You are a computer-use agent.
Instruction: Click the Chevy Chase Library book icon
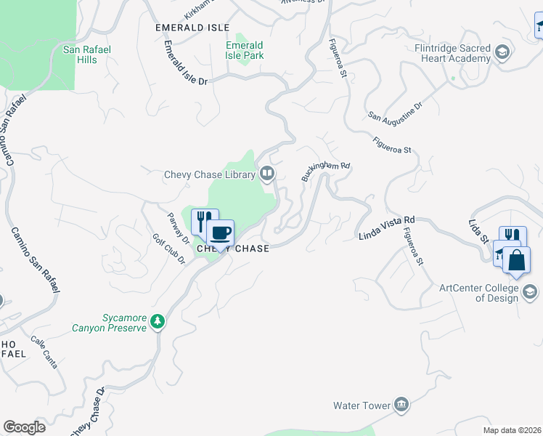[267, 174]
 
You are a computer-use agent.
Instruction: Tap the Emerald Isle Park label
[245, 50]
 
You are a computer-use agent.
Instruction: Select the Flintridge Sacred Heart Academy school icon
[502, 52]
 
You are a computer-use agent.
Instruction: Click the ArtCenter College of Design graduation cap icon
[530, 292]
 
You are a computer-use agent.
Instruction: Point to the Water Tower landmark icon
[401, 405]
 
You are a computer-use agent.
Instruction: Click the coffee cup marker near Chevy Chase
[220, 233]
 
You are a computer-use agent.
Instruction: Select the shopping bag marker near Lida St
[515, 261]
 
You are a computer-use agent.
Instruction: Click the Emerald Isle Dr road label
[185, 63]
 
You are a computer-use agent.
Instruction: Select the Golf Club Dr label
[169, 249]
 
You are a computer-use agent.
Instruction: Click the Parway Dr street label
[178, 227]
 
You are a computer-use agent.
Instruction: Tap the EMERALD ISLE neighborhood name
[187, 27]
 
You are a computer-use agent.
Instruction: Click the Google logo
[24, 427]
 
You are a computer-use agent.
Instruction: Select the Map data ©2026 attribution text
[511, 430]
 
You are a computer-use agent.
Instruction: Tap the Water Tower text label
[362, 405]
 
